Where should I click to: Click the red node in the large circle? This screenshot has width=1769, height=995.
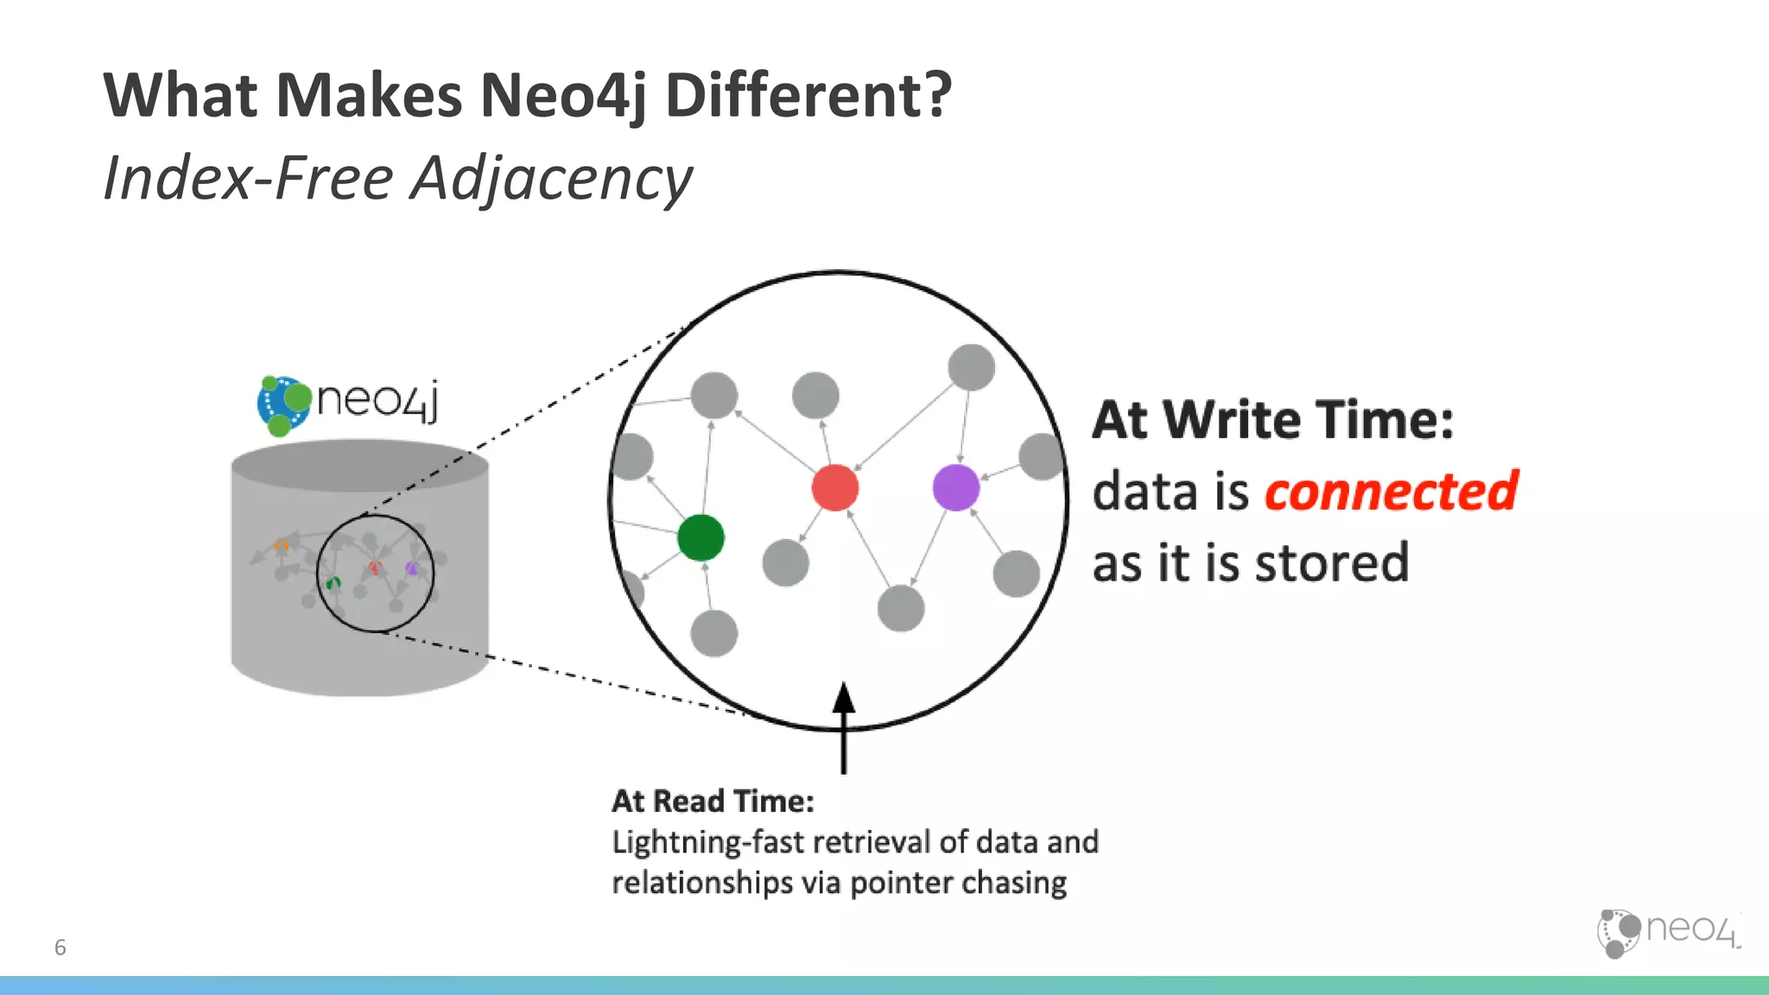pyautogui.click(x=834, y=487)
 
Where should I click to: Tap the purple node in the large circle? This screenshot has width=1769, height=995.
pyautogui.click(x=955, y=487)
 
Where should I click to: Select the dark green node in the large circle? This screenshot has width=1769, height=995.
pyautogui.click(x=701, y=537)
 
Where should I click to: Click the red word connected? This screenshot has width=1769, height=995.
pyautogui.click(x=1391, y=491)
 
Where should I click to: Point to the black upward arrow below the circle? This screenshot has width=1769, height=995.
pyautogui.click(x=844, y=726)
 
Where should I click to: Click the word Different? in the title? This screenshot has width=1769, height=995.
pyautogui.click(x=808, y=95)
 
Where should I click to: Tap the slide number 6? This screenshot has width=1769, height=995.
pyautogui.click(x=60, y=947)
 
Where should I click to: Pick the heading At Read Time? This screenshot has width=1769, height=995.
pyautogui.click(x=713, y=802)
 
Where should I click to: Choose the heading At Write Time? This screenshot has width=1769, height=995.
pyautogui.click(x=1272, y=421)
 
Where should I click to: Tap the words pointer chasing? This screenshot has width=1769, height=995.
pyautogui.click(x=958, y=884)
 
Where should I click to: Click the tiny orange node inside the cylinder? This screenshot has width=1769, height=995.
pyautogui.click(x=281, y=546)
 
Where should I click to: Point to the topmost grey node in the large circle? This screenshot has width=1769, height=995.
pyautogui.click(x=971, y=367)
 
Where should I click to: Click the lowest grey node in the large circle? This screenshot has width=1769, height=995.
pyautogui.click(x=713, y=633)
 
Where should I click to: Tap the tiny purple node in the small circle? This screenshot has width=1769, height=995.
pyautogui.click(x=412, y=567)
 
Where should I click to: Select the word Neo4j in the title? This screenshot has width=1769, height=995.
pyautogui.click(x=562, y=95)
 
